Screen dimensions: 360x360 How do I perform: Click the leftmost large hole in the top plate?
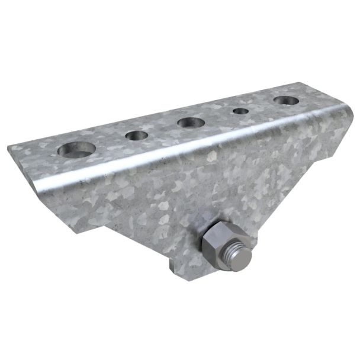(77, 150)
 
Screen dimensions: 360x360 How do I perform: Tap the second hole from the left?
(137, 136)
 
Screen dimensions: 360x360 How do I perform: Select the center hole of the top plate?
(190, 123)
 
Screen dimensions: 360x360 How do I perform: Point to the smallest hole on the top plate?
(240, 111)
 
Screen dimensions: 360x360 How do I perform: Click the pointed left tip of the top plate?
(11, 146)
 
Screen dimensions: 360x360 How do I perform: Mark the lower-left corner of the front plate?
(73, 230)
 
